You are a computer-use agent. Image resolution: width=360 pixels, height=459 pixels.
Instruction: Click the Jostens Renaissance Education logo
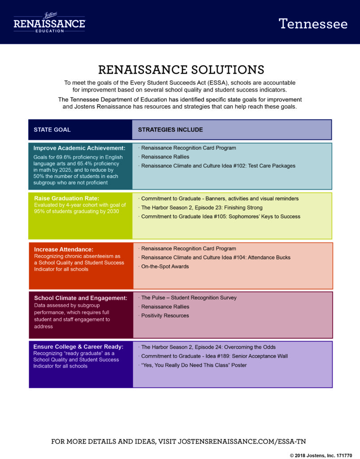click(x=49, y=22)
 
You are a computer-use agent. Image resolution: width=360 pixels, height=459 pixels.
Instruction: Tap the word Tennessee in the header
click(x=313, y=24)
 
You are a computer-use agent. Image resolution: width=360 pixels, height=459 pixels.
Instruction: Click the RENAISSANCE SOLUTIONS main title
click(x=181, y=69)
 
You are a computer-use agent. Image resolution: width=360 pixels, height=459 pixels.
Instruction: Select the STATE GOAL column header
click(x=52, y=130)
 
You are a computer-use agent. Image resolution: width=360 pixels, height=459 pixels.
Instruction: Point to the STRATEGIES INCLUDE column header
click(x=170, y=130)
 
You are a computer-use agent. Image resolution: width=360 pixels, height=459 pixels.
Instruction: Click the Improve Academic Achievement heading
click(x=79, y=148)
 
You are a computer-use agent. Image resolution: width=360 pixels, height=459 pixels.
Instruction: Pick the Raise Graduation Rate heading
click(x=67, y=198)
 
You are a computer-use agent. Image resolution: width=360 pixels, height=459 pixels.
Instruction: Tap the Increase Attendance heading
click(x=64, y=249)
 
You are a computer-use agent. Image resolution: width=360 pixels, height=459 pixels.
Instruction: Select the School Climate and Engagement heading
click(x=81, y=298)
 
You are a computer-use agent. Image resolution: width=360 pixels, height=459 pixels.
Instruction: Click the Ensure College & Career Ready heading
click(x=78, y=346)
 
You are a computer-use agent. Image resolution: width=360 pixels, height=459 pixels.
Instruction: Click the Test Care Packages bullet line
click(x=217, y=166)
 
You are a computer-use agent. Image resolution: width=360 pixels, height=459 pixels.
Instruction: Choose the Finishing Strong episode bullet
click(x=200, y=208)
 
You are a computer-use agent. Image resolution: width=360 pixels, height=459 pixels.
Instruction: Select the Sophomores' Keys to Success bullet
click(x=219, y=217)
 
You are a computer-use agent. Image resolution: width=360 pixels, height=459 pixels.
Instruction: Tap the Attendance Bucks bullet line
click(x=214, y=258)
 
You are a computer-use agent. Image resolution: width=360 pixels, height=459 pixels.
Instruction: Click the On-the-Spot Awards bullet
click(x=164, y=267)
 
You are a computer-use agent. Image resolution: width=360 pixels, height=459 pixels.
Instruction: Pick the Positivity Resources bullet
click(x=164, y=316)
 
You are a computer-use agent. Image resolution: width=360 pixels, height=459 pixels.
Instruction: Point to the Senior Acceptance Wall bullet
click(x=213, y=356)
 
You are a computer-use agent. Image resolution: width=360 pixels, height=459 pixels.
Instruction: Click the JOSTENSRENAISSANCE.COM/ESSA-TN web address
click(x=242, y=442)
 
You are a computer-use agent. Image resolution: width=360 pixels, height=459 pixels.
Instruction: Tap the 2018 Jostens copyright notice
click(x=321, y=455)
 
